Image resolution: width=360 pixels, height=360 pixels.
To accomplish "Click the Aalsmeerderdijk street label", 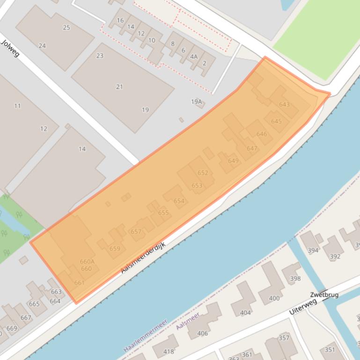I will [x=143, y=258].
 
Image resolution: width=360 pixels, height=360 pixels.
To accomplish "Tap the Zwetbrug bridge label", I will [x=324, y=295].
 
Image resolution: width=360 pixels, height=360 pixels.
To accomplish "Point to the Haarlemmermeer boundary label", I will [x=145, y=336].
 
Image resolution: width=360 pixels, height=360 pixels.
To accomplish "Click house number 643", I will [x=284, y=104].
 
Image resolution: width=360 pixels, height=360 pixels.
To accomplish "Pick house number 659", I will [x=115, y=249].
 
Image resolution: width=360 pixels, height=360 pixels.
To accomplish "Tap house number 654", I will [x=179, y=201].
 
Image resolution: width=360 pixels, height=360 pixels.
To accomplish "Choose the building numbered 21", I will [x=119, y=86].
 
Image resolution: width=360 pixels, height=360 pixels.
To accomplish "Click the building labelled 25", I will [x=66, y=28].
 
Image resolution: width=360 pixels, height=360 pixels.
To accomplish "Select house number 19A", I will [x=196, y=101].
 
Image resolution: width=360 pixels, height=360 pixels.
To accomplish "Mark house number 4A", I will [x=194, y=57].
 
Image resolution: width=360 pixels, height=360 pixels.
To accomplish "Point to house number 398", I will [x=295, y=279].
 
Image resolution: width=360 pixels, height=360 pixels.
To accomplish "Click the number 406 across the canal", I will [x=203, y=333].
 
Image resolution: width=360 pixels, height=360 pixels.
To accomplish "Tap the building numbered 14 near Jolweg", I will [x=82, y=149].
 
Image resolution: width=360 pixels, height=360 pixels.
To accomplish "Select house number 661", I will [x=79, y=282].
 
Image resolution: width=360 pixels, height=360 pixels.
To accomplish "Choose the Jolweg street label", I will [x=10, y=49].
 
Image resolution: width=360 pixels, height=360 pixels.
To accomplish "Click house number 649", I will [x=233, y=161].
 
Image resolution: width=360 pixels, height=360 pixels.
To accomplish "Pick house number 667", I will [x=26, y=317].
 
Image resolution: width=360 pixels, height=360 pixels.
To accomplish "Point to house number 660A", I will [x=87, y=262].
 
